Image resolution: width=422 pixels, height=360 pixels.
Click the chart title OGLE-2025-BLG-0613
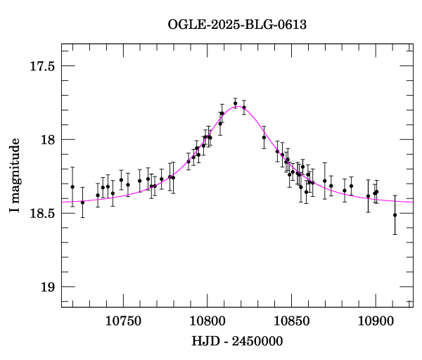pos(237,24)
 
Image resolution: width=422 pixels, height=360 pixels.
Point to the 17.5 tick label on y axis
pos(43,66)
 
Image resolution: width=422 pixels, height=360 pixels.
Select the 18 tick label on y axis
pos(47,140)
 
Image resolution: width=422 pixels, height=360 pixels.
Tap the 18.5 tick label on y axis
pos(43,213)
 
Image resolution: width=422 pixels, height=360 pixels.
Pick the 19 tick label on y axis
pos(47,287)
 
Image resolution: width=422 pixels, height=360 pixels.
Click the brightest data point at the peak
pos(236,103)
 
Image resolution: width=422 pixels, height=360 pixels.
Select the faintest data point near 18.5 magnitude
pos(395,214)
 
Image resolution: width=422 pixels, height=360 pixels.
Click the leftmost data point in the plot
pos(72,186)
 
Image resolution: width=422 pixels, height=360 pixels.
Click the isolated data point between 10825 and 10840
pos(264,137)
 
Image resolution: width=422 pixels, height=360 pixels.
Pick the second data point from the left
pos(82,202)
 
